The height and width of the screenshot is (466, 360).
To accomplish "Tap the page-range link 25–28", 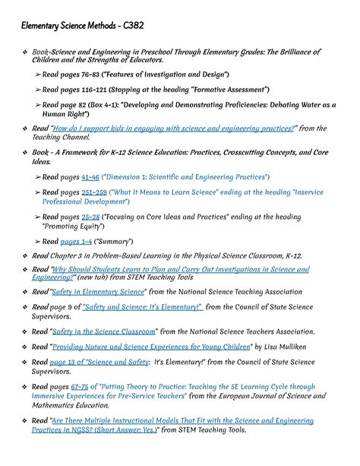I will (x=91, y=217).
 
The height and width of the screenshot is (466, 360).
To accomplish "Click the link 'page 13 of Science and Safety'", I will (x=99, y=361).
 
